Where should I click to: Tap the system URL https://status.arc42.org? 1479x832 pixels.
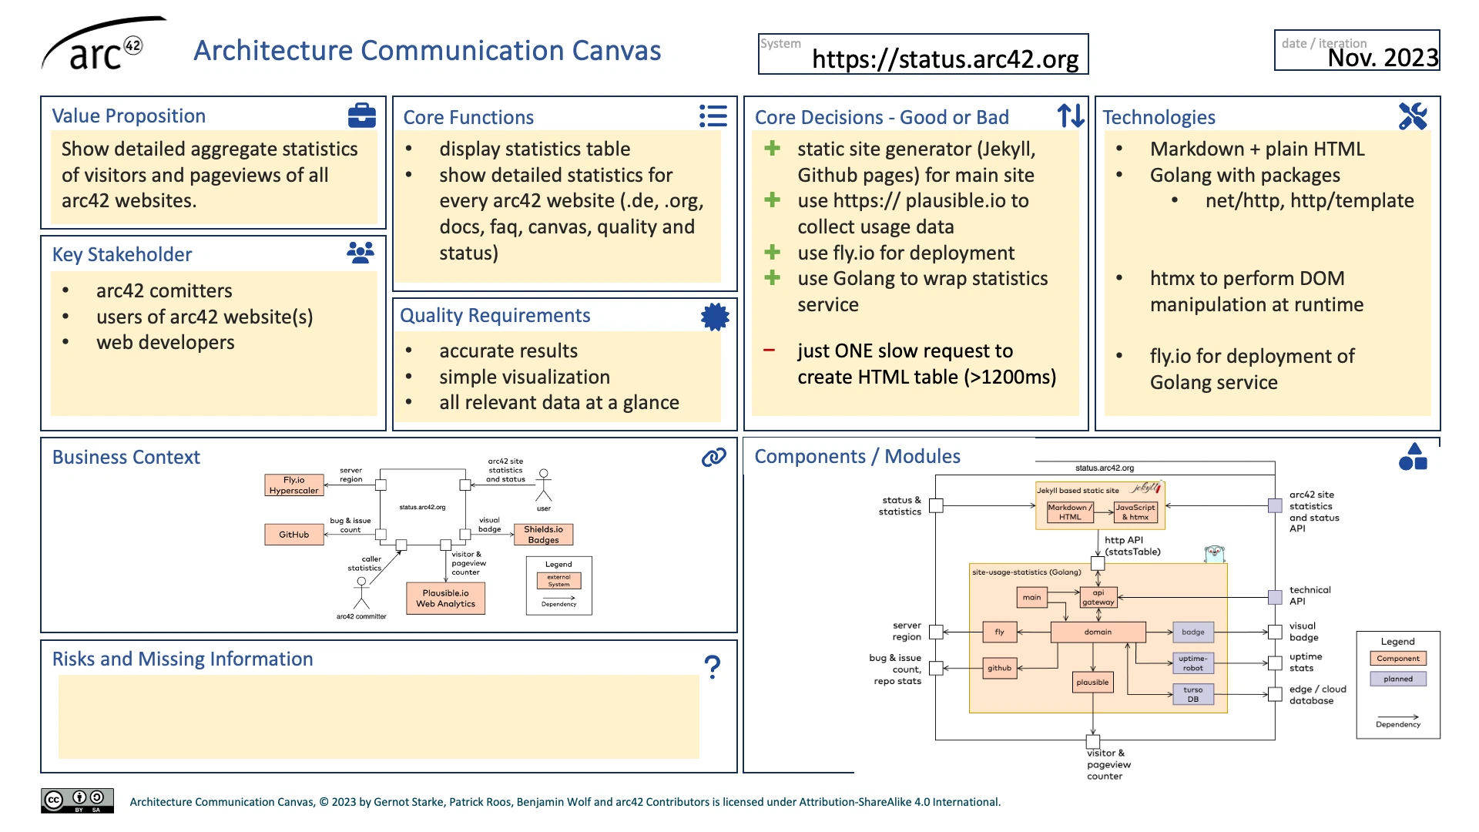pyautogui.click(x=944, y=59)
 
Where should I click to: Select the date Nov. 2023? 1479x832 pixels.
pyautogui.click(x=1382, y=58)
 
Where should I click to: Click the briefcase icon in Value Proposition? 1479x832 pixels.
pyautogui.click(x=361, y=116)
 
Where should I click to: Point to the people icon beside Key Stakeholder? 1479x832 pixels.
pyautogui.click(x=360, y=253)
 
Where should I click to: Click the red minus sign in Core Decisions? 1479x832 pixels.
pyautogui.click(x=769, y=351)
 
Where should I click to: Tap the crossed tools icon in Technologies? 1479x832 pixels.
pyautogui.click(x=1412, y=116)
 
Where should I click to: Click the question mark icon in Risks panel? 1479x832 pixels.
pyautogui.click(x=713, y=666)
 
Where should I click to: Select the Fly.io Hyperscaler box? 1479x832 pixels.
pyautogui.click(x=293, y=485)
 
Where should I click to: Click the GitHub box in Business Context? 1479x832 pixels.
pyautogui.click(x=293, y=534)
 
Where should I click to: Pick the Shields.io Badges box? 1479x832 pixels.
pyautogui.click(x=543, y=535)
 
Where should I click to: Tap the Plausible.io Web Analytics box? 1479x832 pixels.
pyautogui.click(x=445, y=599)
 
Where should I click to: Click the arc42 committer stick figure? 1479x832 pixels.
pyautogui.click(x=361, y=593)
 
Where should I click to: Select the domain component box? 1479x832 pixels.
pyautogui.click(x=1098, y=632)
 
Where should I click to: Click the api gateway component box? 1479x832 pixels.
pyautogui.click(x=1098, y=597)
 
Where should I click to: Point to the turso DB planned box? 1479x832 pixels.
pyautogui.click(x=1192, y=694)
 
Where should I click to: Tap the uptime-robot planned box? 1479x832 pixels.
pyautogui.click(x=1192, y=663)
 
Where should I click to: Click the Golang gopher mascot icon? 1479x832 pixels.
pyautogui.click(x=1214, y=553)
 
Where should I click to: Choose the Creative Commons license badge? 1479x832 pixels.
pyautogui.click(x=77, y=800)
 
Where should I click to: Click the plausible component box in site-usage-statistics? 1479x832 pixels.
pyautogui.click(x=1092, y=682)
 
